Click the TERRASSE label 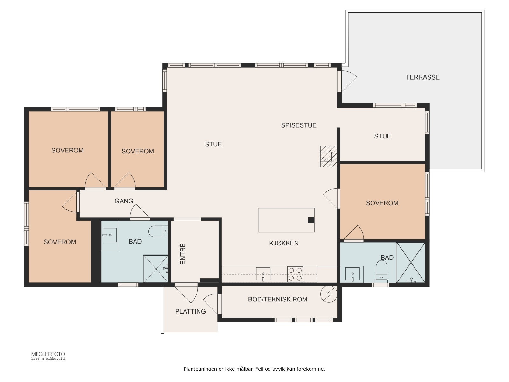pos(422,77)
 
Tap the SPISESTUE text pos(299,125)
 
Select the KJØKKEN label pos(284,243)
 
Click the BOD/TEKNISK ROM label pos(278,299)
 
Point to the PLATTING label pos(190,311)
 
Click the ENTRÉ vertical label pos(183,254)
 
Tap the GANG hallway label pos(124,201)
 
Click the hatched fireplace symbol pos(329,157)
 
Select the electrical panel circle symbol pos(329,294)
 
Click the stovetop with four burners pos(295,274)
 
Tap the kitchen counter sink pos(263,274)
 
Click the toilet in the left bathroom pos(158,231)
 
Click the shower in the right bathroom pos(411,263)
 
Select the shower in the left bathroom pos(156,269)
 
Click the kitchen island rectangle pos(286,220)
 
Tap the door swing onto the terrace pos(349,81)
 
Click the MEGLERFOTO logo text pos(48,354)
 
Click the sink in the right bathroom pos(352,274)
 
